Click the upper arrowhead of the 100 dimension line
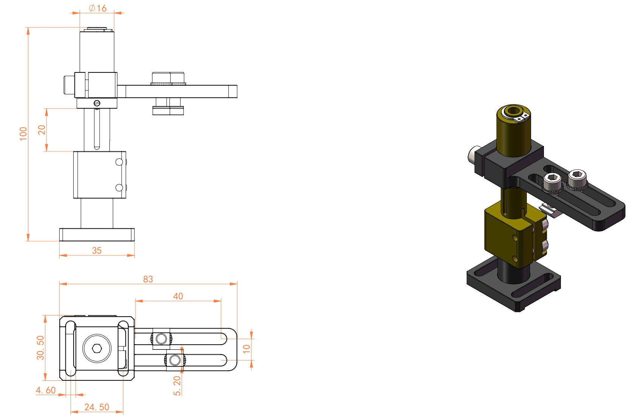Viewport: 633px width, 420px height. click(28, 31)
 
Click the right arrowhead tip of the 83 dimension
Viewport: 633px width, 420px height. click(237, 284)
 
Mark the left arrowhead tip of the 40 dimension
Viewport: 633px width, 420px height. click(136, 301)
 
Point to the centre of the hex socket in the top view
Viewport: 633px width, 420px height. click(97, 349)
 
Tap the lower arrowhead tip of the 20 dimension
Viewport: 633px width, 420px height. click(47, 151)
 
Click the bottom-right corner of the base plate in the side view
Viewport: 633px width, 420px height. click(134, 241)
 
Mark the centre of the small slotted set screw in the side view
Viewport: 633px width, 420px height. click(97, 103)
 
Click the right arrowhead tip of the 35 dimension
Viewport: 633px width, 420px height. click(134, 255)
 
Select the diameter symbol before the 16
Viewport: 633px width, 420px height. click(92, 8)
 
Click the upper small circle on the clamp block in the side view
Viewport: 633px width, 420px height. click(119, 162)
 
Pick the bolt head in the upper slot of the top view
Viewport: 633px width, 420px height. click(161, 338)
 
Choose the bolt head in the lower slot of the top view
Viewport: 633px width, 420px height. click(175, 360)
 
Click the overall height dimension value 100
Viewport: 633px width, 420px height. click(23, 134)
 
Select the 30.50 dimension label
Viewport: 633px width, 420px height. click(40, 348)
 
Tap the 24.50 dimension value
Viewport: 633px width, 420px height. click(97, 407)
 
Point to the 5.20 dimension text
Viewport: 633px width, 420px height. click(177, 386)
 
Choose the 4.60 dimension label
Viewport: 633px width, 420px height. click(46, 390)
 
